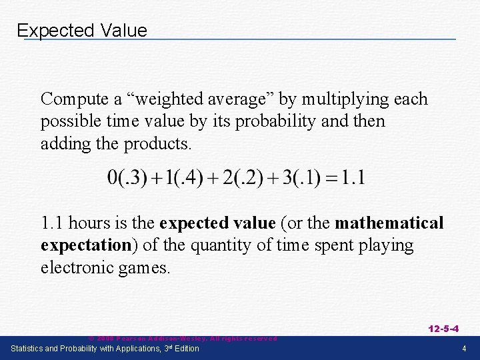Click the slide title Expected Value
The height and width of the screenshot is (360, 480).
(82, 31)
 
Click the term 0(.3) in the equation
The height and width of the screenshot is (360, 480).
(125, 178)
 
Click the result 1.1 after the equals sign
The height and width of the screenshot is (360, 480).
(353, 178)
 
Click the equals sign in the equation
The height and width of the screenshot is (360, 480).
(332, 179)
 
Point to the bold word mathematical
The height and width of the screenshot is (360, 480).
(389, 223)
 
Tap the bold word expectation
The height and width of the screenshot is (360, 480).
(85, 245)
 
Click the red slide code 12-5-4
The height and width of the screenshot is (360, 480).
(443, 328)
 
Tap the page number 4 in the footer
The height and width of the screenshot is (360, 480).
(464, 349)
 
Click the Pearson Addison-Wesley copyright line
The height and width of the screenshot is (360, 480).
(183, 339)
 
